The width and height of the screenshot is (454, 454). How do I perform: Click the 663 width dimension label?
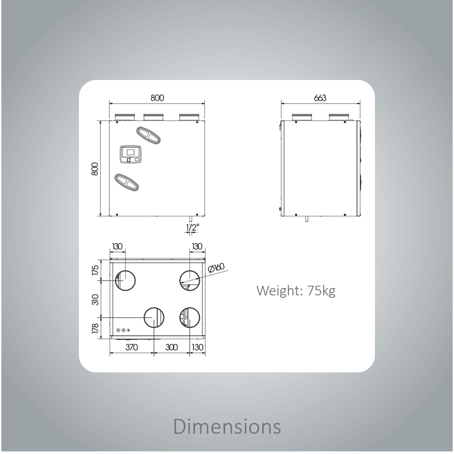tap(320, 98)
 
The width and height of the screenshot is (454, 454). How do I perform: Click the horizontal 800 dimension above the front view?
tap(157, 98)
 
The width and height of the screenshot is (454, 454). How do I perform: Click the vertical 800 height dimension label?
tap(95, 169)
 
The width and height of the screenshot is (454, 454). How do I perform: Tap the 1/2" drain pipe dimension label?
tap(193, 228)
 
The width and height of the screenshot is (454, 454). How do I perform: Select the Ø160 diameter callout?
tap(216, 268)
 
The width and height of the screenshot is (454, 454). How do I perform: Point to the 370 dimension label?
tap(132, 347)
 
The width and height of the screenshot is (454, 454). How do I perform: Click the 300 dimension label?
tap(171, 347)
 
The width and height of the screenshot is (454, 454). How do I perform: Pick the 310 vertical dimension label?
tap(95, 300)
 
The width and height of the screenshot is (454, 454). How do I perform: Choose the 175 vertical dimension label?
tap(95, 270)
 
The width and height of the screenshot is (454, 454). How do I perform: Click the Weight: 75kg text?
tap(296, 291)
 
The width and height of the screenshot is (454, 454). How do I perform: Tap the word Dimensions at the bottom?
tap(227, 426)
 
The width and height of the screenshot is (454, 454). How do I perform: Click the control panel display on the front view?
tap(131, 154)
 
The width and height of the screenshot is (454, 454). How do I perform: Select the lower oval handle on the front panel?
tap(127, 182)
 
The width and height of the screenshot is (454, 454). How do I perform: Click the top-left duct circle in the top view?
tap(125, 281)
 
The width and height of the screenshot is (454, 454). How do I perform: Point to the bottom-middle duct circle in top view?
tap(154, 317)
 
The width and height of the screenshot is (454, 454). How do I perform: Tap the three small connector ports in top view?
tap(123, 330)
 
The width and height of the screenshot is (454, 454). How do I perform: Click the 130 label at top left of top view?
tap(117, 247)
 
